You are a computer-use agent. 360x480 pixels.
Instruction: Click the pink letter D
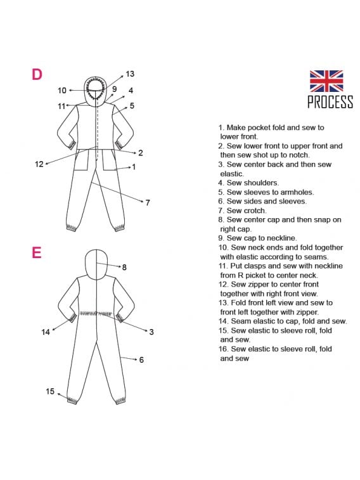tap(37, 74)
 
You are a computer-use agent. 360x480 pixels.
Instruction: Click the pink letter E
tap(36, 253)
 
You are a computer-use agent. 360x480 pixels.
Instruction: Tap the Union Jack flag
tap(326, 81)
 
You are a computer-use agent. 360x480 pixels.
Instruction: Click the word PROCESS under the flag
tap(330, 101)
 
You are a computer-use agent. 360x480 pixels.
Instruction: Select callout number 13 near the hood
tap(130, 74)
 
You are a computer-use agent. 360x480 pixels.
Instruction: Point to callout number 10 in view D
tap(61, 90)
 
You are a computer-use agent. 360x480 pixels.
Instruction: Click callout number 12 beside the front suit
tap(39, 164)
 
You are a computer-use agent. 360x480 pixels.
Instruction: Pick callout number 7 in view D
tap(148, 203)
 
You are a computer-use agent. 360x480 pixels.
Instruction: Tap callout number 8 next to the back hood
tap(124, 267)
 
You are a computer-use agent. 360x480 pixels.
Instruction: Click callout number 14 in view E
tap(46, 332)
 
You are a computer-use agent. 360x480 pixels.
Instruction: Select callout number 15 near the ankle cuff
tap(50, 391)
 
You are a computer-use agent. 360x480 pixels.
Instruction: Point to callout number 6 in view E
tap(141, 360)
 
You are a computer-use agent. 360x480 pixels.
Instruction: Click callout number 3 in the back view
tap(151, 332)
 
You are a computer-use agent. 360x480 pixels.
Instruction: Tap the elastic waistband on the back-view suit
tap(96, 314)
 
